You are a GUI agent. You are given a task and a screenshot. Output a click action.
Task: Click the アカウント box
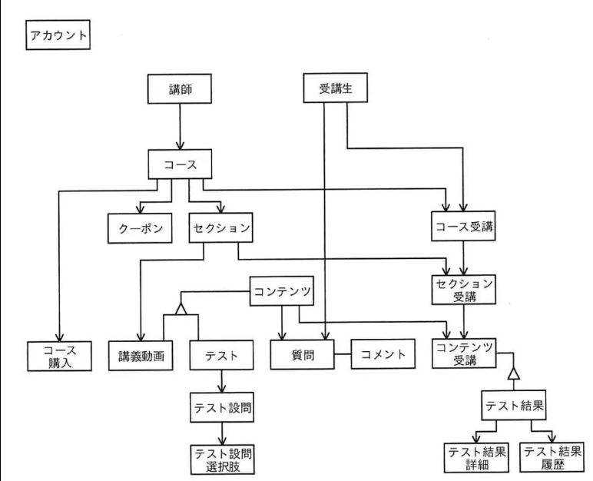point(58,36)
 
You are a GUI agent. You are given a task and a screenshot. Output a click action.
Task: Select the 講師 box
point(179,91)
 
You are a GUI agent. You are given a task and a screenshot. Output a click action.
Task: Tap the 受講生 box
point(334,88)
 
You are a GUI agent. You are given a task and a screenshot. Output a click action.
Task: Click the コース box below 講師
point(179,164)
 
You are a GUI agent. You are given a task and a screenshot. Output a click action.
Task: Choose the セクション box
point(220,229)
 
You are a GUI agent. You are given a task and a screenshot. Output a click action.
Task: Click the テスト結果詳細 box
point(476,458)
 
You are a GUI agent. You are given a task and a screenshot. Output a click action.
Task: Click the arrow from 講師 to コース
point(179,127)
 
